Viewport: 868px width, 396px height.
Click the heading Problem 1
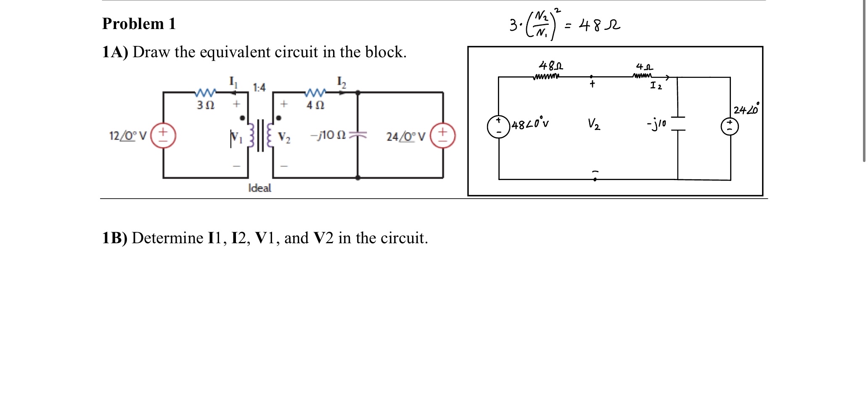click(x=139, y=24)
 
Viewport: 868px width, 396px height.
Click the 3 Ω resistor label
click(x=205, y=105)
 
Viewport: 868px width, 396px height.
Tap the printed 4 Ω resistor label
click(x=315, y=105)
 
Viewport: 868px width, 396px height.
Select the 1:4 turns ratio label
click(x=259, y=88)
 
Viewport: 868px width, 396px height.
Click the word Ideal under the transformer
click(x=259, y=188)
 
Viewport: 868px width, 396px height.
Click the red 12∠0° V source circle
click(x=163, y=136)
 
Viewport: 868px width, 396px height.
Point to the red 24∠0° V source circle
click(x=442, y=136)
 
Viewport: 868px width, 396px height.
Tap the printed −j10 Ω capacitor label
click(x=328, y=135)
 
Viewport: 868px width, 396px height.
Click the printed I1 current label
click(x=233, y=81)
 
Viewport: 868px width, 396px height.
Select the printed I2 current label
click(x=341, y=82)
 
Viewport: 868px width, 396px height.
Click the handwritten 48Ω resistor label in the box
click(x=550, y=66)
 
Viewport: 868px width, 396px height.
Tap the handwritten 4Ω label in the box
click(x=644, y=67)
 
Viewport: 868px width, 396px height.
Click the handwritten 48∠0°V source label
click(x=530, y=125)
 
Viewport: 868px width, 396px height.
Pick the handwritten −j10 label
click(x=656, y=123)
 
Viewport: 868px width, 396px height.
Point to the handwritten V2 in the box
click(x=594, y=124)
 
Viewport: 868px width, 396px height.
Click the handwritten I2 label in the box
click(x=656, y=86)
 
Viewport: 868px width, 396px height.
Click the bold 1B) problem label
click(x=114, y=238)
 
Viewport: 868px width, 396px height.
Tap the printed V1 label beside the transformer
click(x=236, y=137)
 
